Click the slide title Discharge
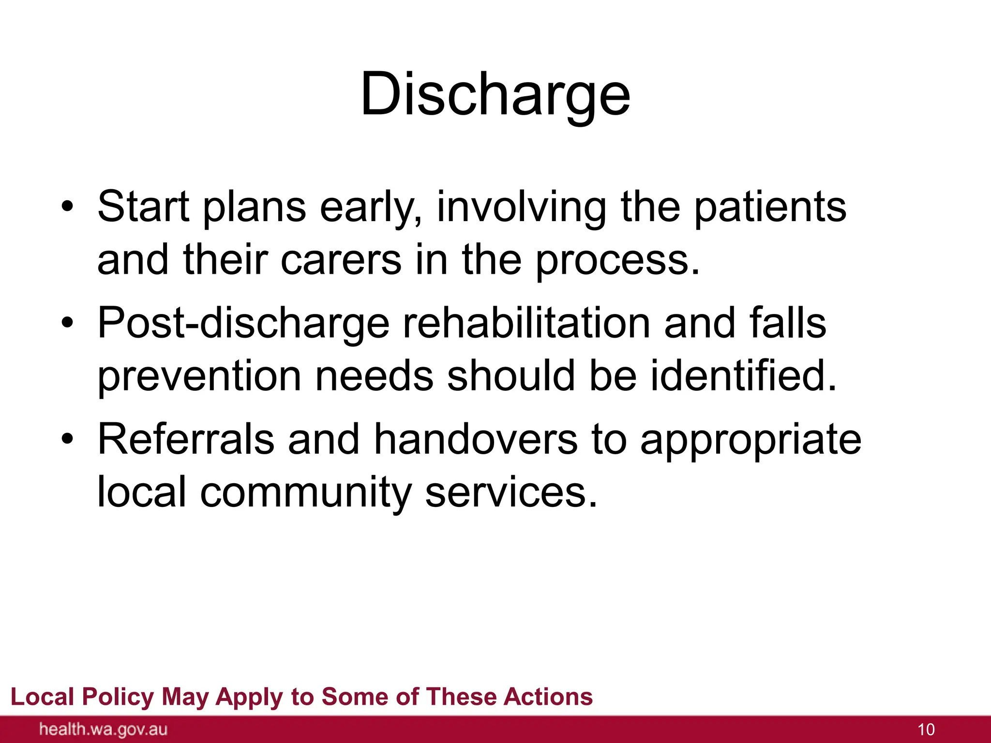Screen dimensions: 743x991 click(495, 94)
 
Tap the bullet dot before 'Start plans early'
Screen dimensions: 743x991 click(68, 208)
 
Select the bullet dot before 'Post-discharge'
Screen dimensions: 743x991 click(68, 324)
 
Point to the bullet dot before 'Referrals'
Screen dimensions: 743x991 click(68, 440)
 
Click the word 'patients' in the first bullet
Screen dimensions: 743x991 click(770, 207)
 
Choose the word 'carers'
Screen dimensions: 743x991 click(341, 260)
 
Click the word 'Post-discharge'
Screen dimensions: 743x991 click(243, 323)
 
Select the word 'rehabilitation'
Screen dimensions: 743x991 click(526, 323)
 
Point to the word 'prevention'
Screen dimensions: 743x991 click(199, 376)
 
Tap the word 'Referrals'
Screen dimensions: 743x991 click(186, 439)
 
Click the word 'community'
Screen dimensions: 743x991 click(305, 492)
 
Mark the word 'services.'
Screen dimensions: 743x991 click(511, 492)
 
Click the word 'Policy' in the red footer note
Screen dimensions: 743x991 click(118, 697)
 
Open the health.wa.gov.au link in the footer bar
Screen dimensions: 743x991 click(103, 729)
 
